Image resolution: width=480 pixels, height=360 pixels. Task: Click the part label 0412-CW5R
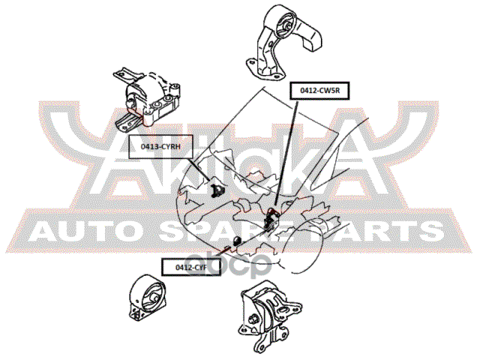[320, 91]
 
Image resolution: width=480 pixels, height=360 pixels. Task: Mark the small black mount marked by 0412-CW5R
[273, 217]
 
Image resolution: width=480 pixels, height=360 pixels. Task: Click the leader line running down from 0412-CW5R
[287, 150]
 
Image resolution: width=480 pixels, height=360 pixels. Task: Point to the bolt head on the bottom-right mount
[253, 323]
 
